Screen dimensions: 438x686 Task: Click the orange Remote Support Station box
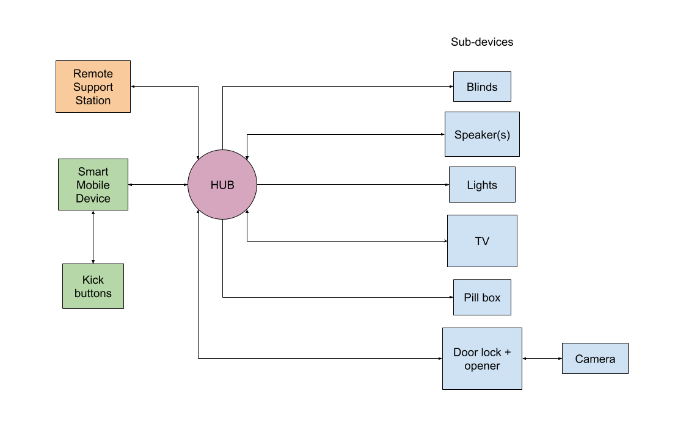tap(93, 87)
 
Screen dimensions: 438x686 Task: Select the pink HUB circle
tap(222, 185)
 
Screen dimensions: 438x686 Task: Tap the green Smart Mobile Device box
tap(93, 185)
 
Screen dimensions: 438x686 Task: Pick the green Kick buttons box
tap(93, 286)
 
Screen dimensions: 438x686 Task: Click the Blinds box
tap(482, 87)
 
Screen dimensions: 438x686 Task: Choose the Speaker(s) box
tap(482, 134)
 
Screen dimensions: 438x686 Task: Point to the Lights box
tap(482, 185)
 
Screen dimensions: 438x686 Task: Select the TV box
tap(482, 241)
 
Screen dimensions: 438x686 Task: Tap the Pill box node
tap(482, 298)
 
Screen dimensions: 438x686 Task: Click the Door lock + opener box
tap(482, 359)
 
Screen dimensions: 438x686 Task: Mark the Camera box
tap(595, 359)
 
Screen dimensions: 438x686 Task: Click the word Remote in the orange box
tap(93, 74)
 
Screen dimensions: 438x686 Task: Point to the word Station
tap(93, 101)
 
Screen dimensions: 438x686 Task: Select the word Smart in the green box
tap(93, 172)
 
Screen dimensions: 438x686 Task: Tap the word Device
tap(93, 199)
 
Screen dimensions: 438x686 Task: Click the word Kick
tap(93, 280)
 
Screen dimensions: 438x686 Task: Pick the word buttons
tap(93, 293)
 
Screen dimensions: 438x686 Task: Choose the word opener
tap(482, 366)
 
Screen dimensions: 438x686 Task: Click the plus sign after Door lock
tap(507, 353)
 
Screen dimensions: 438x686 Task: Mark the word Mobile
tap(93, 185)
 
